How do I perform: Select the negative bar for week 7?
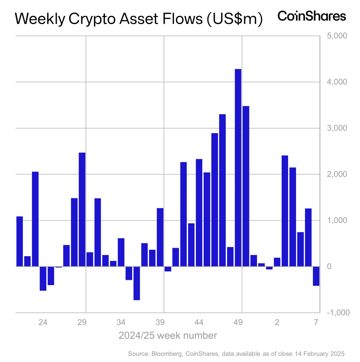click(316, 276)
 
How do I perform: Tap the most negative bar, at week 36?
click(137, 283)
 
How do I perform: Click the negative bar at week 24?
click(43, 278)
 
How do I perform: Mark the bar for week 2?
click(277, 262)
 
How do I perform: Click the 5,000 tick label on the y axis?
click(337, 36)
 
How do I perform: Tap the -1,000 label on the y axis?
click(338, 313)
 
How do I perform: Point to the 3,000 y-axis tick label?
click(337, 128)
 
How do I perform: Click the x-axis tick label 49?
click(238, 322)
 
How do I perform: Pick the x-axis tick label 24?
click(43, 322)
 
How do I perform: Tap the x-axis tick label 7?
click(316, 322)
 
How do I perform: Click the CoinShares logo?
click(312, 16)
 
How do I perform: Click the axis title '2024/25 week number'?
click(168, 336)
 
